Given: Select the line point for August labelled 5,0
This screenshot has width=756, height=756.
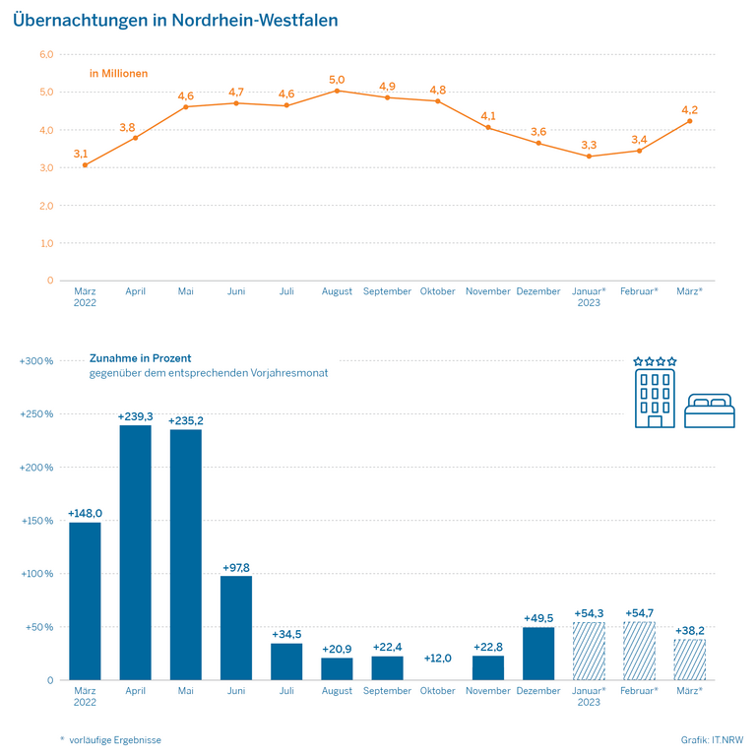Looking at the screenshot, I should [337, 91].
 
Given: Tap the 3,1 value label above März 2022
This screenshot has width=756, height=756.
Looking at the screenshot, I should [81, 154].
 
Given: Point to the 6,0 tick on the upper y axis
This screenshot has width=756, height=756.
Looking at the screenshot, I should [46, 54].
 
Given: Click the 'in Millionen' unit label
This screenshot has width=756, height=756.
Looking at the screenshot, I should [118, 73].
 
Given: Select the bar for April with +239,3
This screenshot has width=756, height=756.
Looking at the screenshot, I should [135, 552].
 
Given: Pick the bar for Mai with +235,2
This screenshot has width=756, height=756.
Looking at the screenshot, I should [185, 554].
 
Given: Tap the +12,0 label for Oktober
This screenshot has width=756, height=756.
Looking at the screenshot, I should [437, 659].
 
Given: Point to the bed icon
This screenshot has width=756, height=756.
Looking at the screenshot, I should [709, 410].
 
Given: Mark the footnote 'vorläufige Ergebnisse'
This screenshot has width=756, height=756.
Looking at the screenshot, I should [115, 739].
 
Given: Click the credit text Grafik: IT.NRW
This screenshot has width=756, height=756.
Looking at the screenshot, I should [712, 739].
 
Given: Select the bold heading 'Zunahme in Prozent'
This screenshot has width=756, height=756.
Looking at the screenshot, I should [141, 358].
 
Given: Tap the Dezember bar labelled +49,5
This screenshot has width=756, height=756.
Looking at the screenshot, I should [538, 654].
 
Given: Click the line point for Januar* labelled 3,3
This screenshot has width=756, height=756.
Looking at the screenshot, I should [589, 157].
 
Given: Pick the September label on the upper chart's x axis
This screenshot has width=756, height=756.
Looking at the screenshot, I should [387, 291].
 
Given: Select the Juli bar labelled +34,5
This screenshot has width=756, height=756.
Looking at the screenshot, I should [286, 661].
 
